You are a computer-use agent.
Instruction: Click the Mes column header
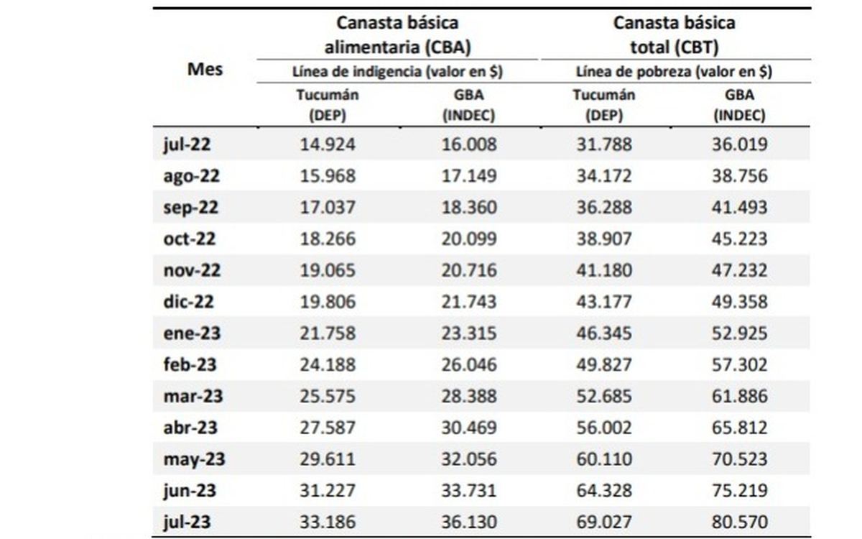[205, 70]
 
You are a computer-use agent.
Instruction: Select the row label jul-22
[187, 144]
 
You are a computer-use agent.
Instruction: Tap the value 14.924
[328, 144]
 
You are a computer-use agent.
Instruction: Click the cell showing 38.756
[740, 176]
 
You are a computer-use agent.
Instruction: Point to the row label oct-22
[190, 239]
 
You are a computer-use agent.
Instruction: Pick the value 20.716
[469, 271]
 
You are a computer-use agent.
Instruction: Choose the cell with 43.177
[604, 302]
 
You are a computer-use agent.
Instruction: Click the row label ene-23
[191, 333]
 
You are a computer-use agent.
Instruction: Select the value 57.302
[740, 365]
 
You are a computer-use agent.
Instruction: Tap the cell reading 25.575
[328, 397]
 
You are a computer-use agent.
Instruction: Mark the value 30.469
[469, 428]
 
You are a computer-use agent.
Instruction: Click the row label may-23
[194, 459]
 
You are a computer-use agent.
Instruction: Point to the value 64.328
[604, 491]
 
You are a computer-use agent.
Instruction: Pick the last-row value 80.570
[740, 522]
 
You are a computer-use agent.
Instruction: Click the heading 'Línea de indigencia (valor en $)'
[397, 72]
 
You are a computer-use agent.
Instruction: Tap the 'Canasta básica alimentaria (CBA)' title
[397, 35]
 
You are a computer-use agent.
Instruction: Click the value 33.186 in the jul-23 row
[328, 522]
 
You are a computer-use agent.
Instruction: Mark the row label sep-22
[190, 208]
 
